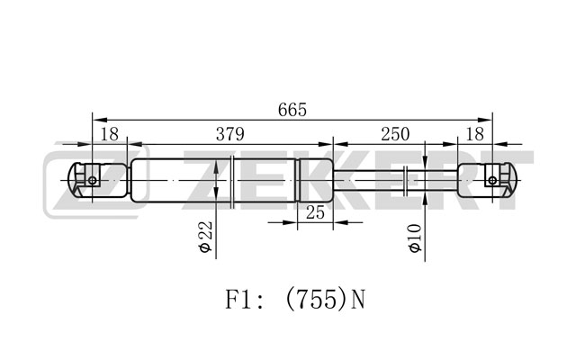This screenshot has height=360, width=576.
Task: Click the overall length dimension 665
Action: click(292, 110)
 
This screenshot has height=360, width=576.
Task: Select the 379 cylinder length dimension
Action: click(230, 134)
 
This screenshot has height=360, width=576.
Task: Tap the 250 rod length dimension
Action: click(395, 134)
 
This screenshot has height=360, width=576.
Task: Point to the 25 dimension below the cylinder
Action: click(315, 212)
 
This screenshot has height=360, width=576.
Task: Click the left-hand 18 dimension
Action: click(110, 134)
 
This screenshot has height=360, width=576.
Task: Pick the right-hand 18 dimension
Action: click(474, 134)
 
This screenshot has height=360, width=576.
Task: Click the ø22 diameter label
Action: click(206, 237)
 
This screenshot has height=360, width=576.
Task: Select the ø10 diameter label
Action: click(415, 238)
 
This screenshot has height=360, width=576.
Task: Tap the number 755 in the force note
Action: click(315, 299)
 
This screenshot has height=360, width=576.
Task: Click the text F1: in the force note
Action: click(244, 299)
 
